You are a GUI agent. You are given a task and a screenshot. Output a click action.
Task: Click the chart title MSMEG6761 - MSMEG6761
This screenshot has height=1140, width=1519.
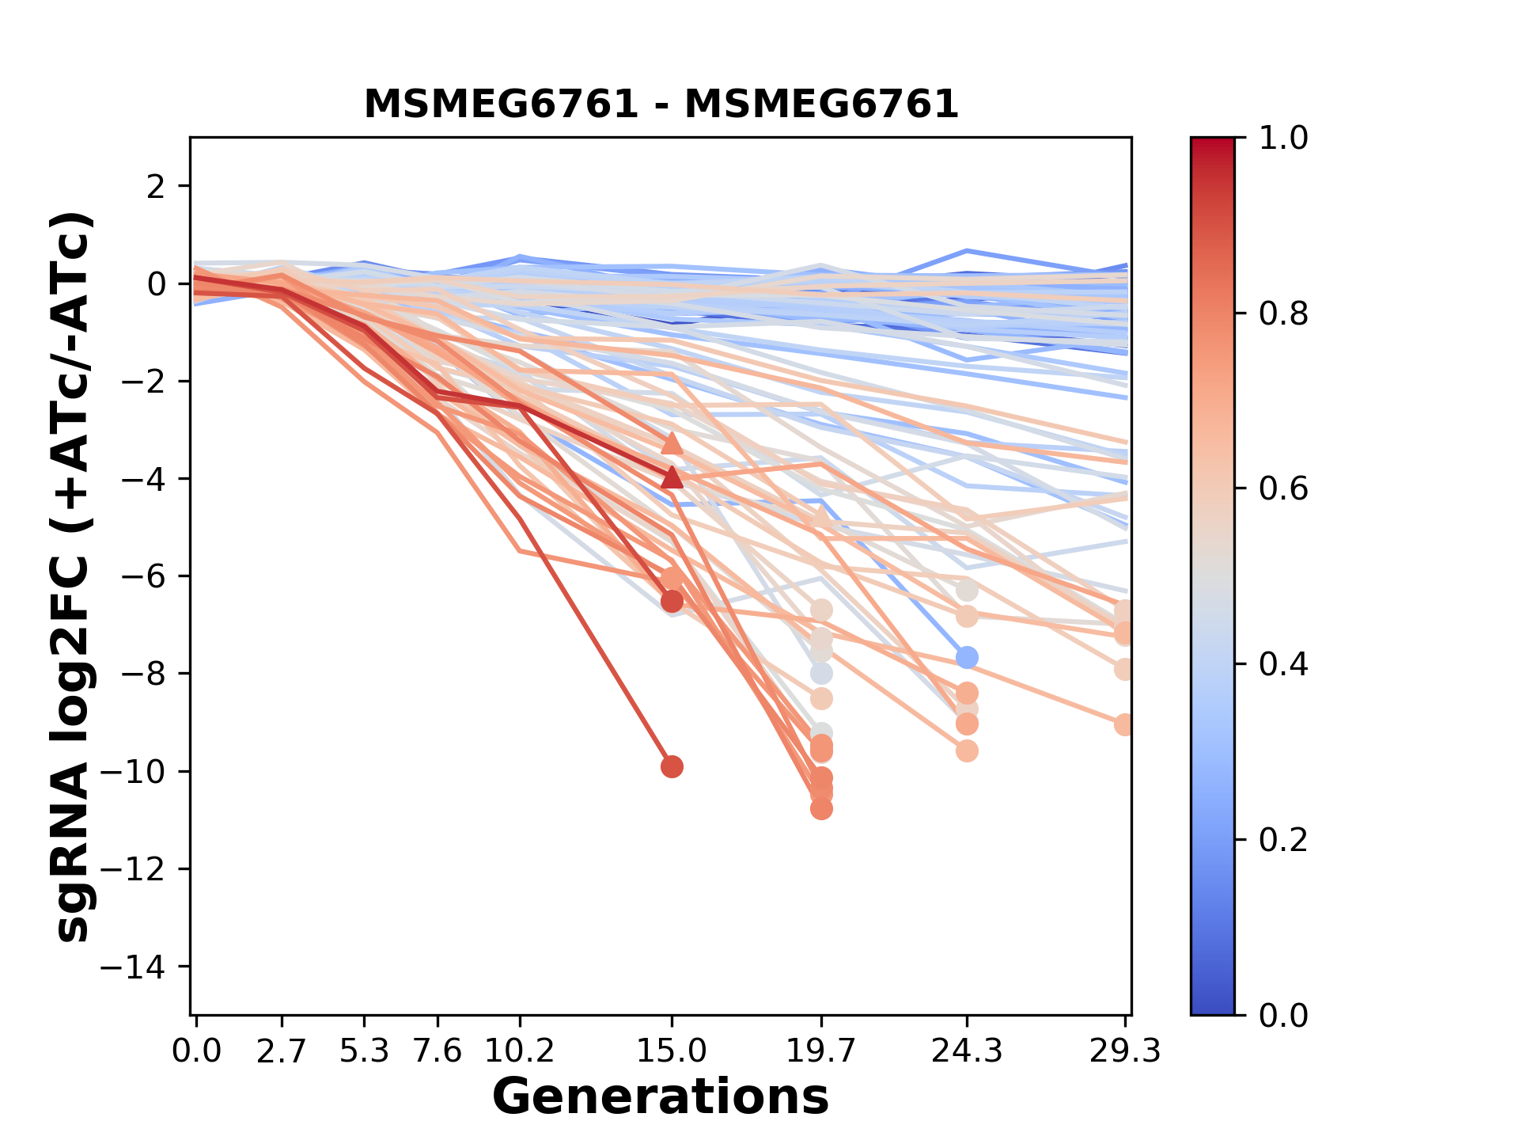661,104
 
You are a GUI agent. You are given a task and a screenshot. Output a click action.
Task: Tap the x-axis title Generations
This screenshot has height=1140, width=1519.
661,1097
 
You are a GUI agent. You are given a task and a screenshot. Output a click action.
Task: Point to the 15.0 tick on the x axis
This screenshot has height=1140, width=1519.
672,1051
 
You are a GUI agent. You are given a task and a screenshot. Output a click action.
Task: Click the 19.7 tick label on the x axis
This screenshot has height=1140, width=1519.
821,1051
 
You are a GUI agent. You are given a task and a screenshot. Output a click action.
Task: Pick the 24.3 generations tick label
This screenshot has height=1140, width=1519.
966,1051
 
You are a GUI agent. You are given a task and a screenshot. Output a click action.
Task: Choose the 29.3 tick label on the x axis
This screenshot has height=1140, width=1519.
1124,1051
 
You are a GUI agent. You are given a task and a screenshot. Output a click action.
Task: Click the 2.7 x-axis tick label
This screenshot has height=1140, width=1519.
282,1051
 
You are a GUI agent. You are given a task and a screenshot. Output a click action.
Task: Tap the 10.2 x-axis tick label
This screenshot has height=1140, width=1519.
519,1051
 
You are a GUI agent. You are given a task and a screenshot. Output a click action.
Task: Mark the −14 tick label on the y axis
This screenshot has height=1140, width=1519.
144,967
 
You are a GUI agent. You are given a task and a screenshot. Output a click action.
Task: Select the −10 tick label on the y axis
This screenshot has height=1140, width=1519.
144,772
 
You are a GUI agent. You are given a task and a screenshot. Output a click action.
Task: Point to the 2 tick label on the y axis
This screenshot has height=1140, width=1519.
157,187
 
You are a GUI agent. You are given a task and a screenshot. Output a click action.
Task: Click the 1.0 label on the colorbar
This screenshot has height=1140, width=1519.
1283,139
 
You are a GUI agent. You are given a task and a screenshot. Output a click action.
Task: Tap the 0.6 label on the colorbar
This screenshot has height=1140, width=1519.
1283,489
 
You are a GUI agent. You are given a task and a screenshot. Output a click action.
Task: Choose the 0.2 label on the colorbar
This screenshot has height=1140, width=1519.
1283,840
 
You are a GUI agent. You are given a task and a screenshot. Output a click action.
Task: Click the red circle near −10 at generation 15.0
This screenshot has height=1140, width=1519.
672,766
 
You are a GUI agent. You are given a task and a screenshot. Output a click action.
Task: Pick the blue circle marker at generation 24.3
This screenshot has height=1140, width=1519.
967,657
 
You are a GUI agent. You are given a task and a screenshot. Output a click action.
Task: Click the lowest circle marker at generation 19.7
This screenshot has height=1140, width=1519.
821,808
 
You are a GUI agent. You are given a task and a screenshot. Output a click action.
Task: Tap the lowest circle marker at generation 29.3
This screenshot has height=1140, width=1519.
1124,724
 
